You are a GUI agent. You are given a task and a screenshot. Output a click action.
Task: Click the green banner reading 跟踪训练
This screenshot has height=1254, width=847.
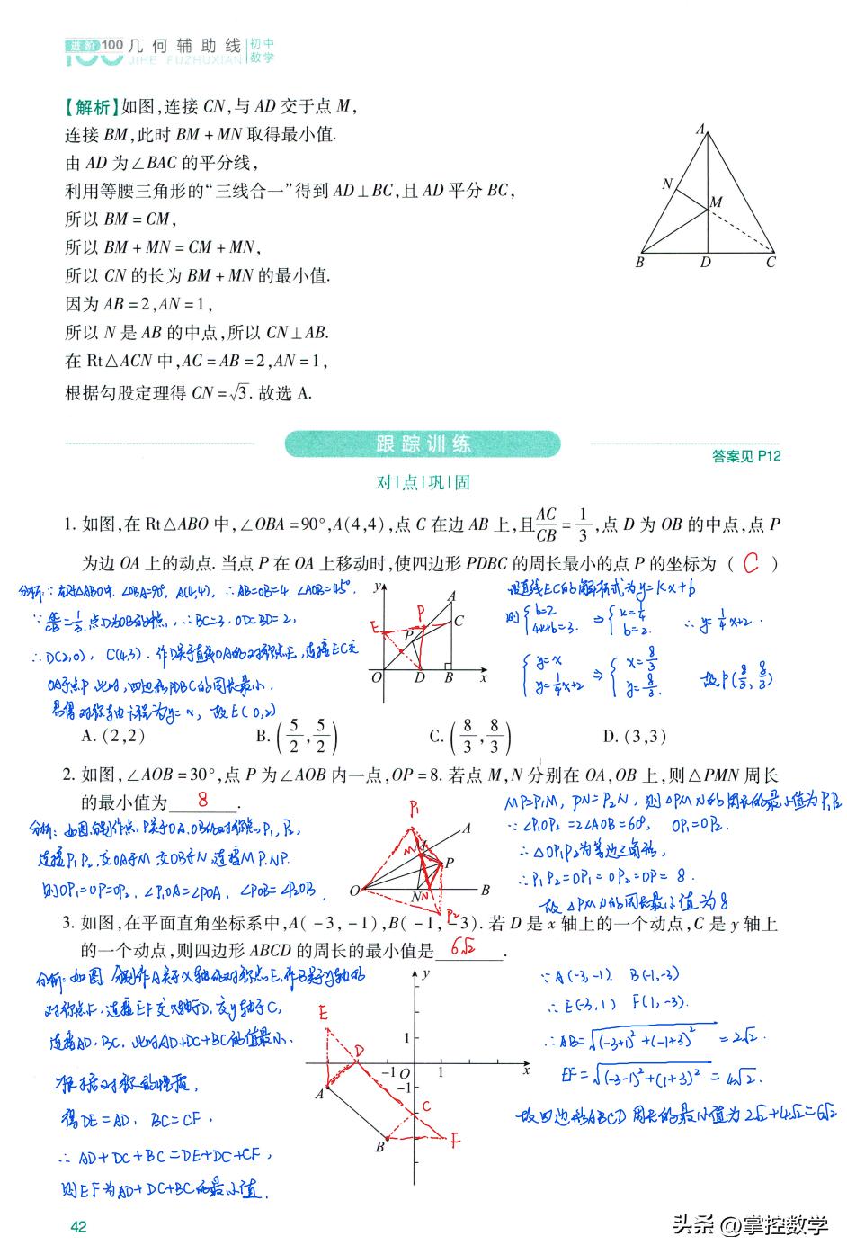[x=423, y=443]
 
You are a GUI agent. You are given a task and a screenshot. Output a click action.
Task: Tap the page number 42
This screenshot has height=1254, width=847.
[x=78, y=1226]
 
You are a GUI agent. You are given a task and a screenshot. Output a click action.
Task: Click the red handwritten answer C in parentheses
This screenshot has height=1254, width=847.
[x=752, y=564]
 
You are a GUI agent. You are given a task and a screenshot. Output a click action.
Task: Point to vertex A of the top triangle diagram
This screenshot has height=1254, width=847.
[x=700, y=130]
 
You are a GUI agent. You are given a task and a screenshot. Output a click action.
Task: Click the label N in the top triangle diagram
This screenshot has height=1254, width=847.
[x=667, y=184]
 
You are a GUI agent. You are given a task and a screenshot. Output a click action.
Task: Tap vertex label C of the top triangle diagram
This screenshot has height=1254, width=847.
[x=771, y=263]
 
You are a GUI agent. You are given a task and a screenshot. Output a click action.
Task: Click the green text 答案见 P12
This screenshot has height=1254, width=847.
[x=745, y=456]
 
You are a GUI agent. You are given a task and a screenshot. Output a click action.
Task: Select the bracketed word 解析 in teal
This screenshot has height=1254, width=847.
[x=91, y=107]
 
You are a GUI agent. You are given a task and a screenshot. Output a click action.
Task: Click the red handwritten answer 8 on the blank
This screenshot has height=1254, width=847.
[x=203, y=799]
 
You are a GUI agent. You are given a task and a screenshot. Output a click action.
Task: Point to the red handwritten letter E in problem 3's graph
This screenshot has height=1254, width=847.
[x=324, y=1013]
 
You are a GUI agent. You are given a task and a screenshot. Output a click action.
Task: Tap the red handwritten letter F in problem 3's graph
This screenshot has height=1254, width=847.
[x=456, y=1142]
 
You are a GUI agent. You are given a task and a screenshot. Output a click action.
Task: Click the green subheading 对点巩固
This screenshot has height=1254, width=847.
[x=423, y=482]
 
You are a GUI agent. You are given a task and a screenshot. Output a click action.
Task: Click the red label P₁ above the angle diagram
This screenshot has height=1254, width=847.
[x=416, y=808]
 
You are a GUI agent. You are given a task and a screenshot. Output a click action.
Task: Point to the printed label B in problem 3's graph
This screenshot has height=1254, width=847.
[x=380, y=1147]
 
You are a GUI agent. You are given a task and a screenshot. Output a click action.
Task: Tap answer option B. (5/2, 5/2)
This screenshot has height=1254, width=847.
[x=297, y=737]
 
